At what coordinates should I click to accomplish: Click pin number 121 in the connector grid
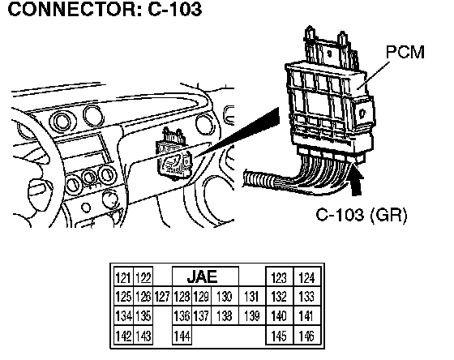pyautogui.click(x=123, y=277)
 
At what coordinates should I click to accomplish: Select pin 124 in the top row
pyautogui.click(x=307, y=277)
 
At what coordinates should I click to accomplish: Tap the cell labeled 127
pyautogui.click(x=162, y=297)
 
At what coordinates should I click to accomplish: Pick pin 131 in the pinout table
pyautogui.click(x=251, y=297)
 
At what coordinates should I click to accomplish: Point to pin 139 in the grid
pyautogui.click(x=251, y=315)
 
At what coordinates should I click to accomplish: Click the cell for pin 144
pyautogui.click(x=182, y=336)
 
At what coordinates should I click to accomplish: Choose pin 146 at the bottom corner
pyautogui.click(x=307, y=336)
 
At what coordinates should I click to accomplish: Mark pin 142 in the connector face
pyautogui.click(x=123, y=336)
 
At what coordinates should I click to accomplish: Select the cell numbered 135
pyautogui.click(x=143, y=315)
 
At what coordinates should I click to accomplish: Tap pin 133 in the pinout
pyautogui.click(x=307, y=297)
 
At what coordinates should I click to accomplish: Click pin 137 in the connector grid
pyautogui.click(x=202, y=315)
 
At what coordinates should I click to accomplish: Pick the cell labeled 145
pyautogui.click(x=279, y=336)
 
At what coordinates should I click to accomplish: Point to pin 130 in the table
pyautogui.click(x=225, y=297)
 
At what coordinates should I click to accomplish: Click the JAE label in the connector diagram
pyautogui.click(x=203, y=276)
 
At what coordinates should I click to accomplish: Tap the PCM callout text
pyautogui.click(x=405, y=52)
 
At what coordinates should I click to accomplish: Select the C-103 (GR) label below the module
pyautogui.click(x=362, y=215)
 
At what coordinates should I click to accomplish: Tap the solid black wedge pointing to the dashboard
pyautogui.click(x=238, y=132)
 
